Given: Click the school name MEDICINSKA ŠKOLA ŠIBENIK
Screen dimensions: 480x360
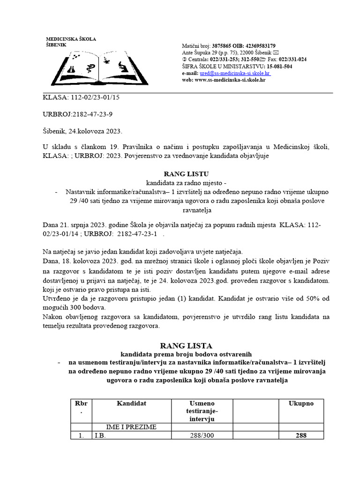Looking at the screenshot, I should (70, 41).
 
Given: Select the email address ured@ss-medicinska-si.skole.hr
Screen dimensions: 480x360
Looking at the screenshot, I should (234, 74).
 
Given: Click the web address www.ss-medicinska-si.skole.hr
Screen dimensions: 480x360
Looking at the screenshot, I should (229, 80).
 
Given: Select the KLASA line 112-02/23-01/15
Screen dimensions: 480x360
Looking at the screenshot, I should (77, 97).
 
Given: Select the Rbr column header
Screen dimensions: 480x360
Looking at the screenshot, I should (81, 407).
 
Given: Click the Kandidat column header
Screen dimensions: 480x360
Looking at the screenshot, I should (132, 403).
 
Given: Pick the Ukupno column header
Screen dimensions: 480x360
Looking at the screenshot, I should (300, 403).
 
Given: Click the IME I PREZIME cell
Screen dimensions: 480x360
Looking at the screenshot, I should (132, 427).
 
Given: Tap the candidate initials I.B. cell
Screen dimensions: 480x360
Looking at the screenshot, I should (99, 435).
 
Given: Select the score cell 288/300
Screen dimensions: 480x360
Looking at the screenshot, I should (202, 435).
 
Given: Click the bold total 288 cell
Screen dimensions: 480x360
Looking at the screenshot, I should (300, 435).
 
